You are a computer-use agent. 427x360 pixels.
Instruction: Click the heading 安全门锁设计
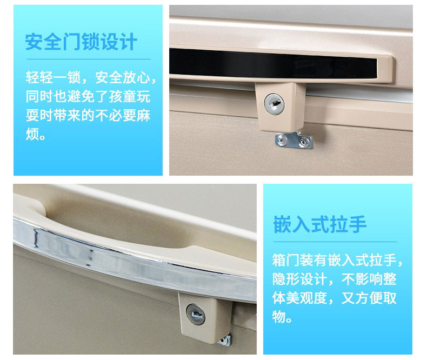tap(81, 42)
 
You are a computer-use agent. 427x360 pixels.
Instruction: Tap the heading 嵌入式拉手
tap(319, 224)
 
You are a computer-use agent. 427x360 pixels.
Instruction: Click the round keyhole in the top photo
tap(274, 103)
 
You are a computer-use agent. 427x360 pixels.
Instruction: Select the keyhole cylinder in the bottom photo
tap(196, 314)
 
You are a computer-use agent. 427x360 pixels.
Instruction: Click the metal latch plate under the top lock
tap(293, 140)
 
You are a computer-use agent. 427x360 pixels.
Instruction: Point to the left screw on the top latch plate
tap(281, 139)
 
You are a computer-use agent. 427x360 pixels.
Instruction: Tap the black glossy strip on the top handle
tap(273, 64)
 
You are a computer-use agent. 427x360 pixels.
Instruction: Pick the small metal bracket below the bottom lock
tap(225, 341)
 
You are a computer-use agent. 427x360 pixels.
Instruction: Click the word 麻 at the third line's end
tap(144, 116)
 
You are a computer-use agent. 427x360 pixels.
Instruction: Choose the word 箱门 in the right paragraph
tap(286, 260)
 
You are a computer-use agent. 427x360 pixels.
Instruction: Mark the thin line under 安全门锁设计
tap(89, 59)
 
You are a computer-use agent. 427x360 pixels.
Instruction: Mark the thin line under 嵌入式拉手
tap(335, 242)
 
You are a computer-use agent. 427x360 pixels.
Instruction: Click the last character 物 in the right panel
tap(279, 317)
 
